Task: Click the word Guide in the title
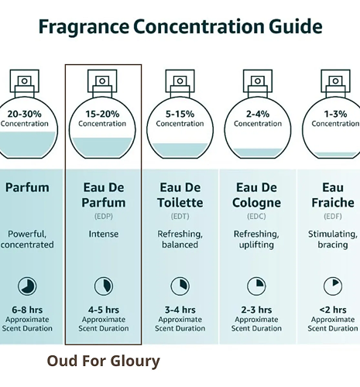pos(296,26)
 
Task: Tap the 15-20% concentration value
pos(102,114)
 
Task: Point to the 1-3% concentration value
pos(335,114)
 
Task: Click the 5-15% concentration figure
pos(180,114)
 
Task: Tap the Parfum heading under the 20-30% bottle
pos(27,187)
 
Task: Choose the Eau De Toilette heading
pos(180,195)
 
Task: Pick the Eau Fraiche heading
pos(333,195)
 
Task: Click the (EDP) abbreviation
pos(104,216)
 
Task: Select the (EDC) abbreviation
pos(256,216)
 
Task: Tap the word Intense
pos(104,234)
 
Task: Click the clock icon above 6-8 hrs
pos(27,286)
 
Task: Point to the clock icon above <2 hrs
pos(333,286)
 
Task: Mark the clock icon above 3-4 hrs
pos(180,286)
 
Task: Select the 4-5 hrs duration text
pos(104,310)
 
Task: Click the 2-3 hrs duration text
pos(256,310)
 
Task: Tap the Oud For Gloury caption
pos(104,361)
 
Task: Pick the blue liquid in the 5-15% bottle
pos(180,149)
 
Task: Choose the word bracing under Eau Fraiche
pos(333,245)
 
